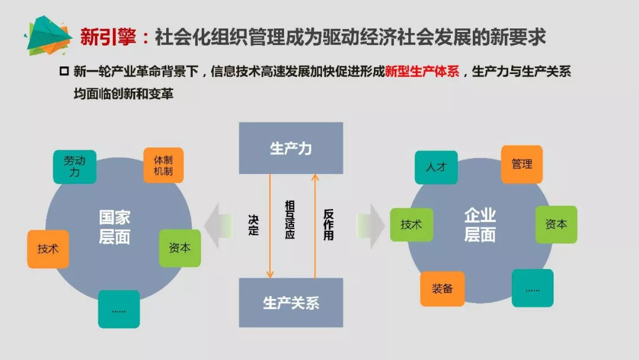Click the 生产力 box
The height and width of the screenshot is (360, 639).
point(291,148)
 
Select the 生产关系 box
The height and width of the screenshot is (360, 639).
point(291,303)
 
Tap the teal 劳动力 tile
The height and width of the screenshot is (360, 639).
point(74,166)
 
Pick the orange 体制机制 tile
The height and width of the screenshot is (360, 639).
point(163,165)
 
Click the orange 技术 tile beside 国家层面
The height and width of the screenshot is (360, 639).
point(48,249)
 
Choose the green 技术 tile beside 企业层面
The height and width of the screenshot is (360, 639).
point(411,225)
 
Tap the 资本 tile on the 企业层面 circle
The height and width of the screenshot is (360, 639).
point(556,224)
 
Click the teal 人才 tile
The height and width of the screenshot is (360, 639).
point(436,167)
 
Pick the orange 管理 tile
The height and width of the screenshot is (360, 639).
point(522,164)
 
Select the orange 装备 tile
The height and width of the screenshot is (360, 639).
point(442,288)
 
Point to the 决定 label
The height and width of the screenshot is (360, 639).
point(253,225)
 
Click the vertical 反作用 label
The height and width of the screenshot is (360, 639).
point(328,225)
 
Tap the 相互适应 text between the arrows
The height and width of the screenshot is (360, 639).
point(290,219)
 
